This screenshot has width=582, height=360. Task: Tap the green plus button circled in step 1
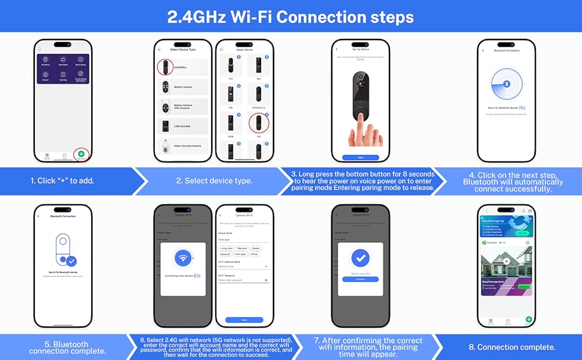point(81,154)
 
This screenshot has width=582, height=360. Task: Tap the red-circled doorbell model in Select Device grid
point(259,123)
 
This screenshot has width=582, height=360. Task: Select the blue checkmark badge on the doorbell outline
point(71,261)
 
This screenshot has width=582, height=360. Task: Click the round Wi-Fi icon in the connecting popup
point(183,259)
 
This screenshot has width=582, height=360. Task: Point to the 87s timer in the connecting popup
point(197,276)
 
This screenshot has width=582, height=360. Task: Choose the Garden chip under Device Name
point(257,247)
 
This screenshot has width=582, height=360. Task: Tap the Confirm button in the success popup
point(360,279)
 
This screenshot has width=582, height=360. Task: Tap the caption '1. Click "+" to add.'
point(62,181)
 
